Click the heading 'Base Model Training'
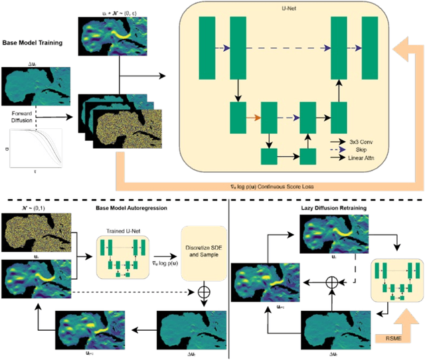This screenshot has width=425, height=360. tap(33, 43)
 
